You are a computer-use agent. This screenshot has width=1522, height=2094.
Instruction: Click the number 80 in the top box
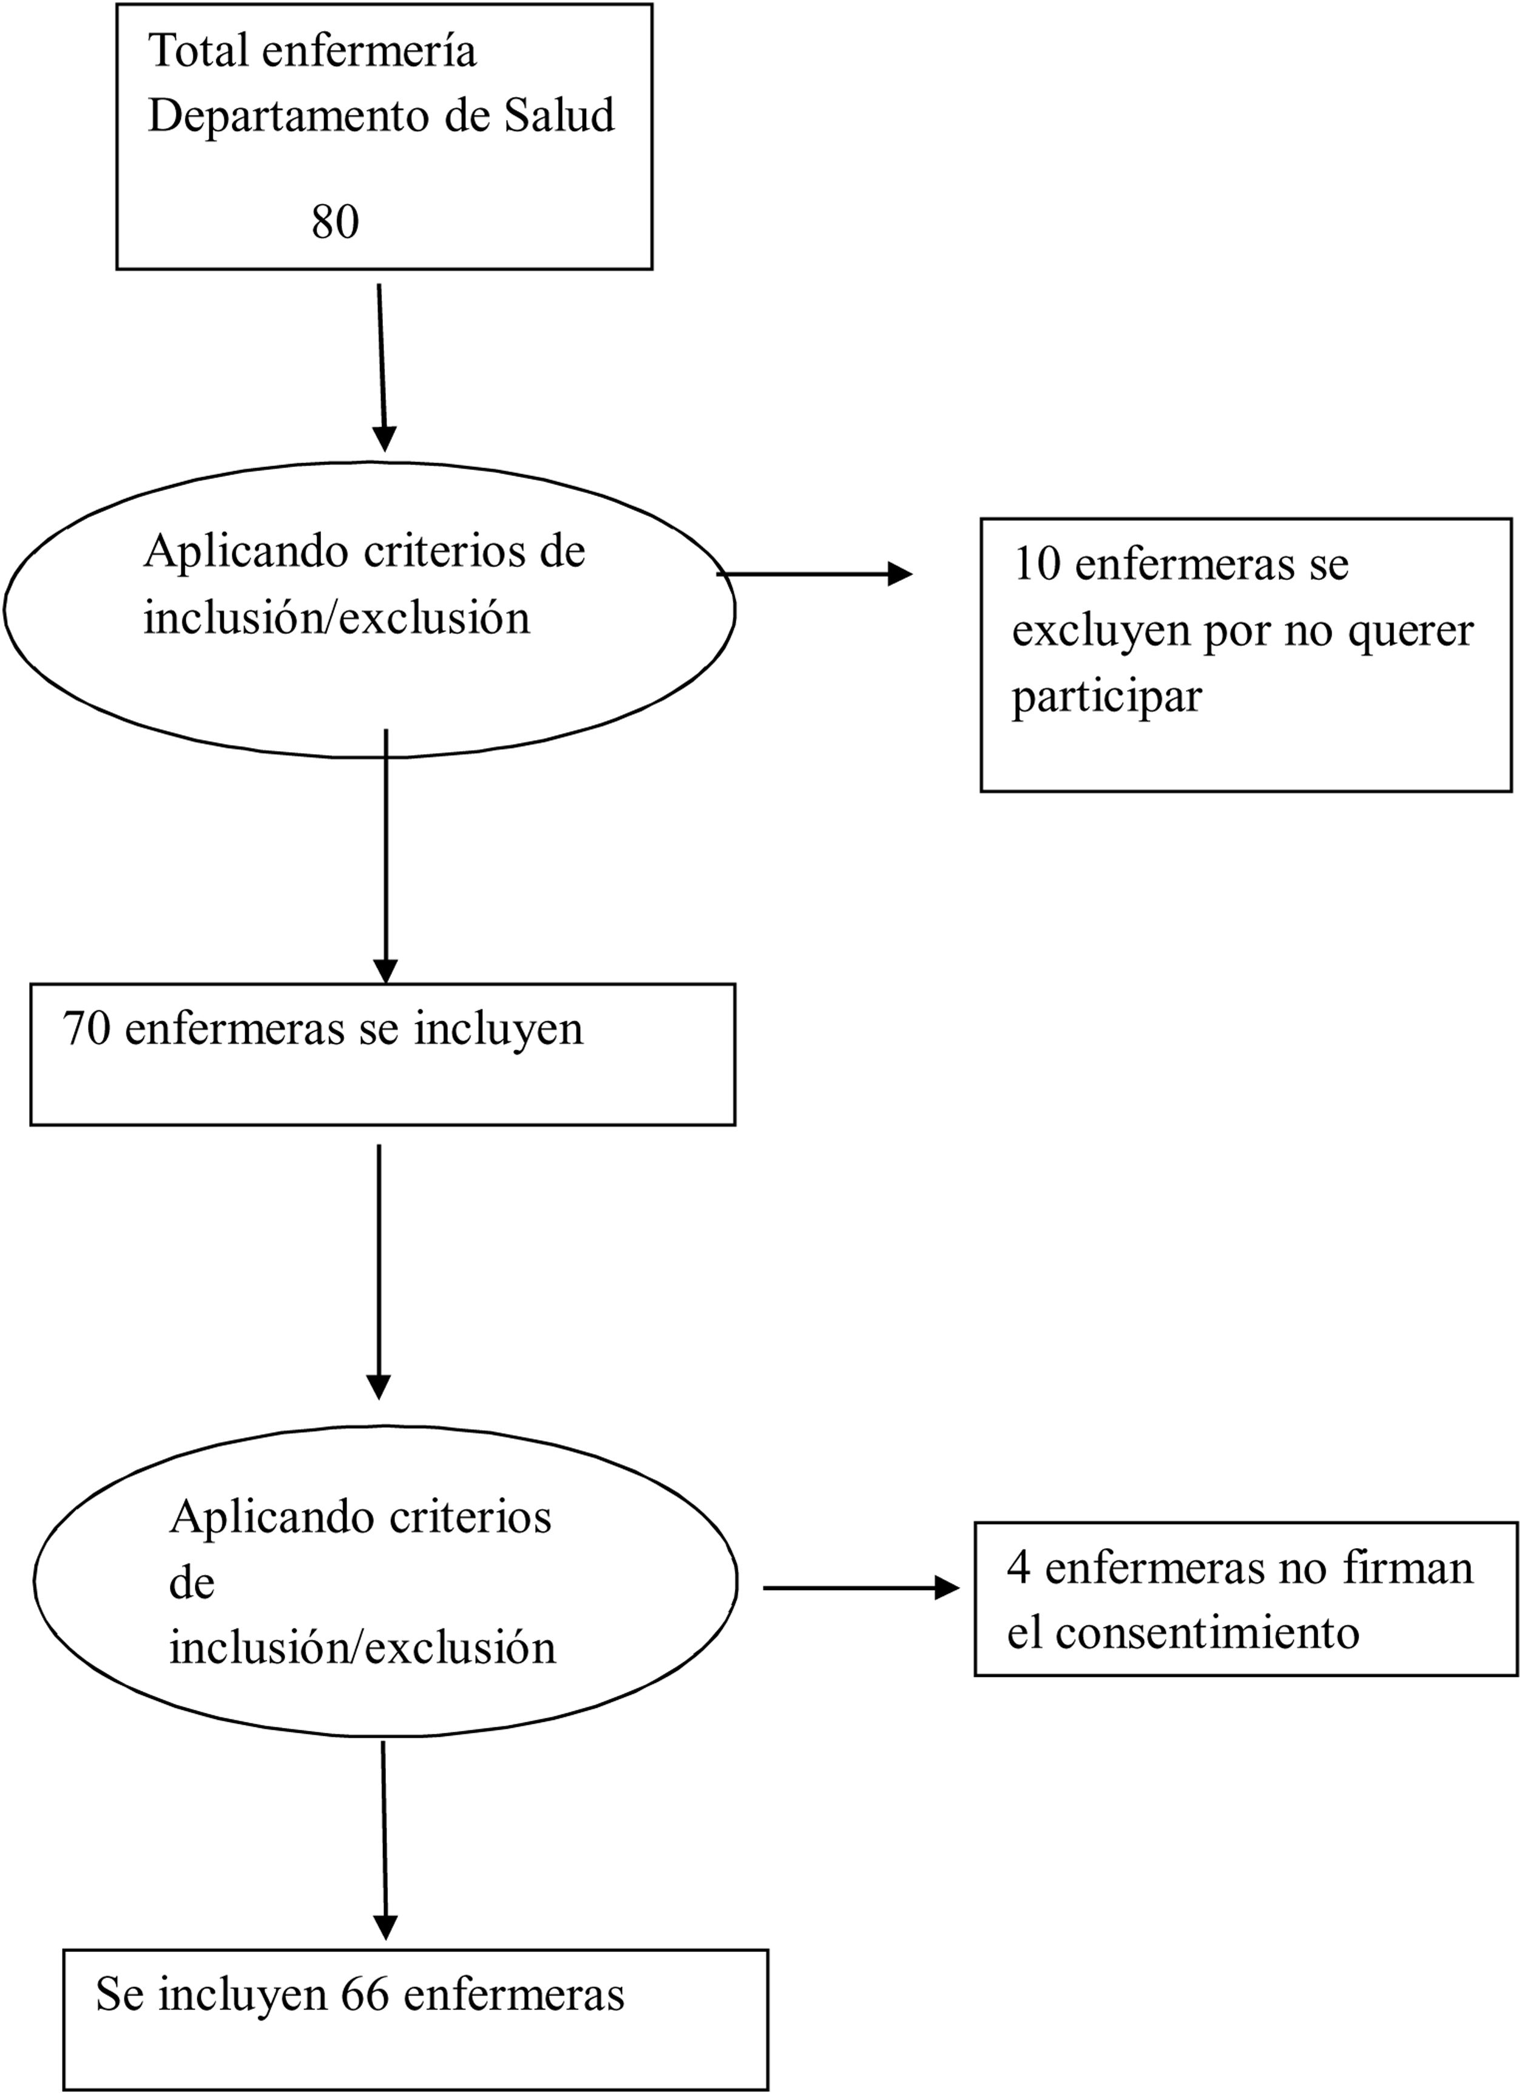[x=335, y=222]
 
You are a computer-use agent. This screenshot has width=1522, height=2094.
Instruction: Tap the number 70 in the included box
[x=86, y=1028]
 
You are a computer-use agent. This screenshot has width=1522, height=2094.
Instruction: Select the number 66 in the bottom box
[x=365, y=1994]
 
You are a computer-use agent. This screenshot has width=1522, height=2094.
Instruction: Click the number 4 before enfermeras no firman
[x=1018, y=1568]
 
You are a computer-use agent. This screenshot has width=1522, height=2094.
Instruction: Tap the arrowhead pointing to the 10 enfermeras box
[x=899, y=574]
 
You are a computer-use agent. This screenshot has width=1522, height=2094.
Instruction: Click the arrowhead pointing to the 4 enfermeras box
[x=947, y=1588]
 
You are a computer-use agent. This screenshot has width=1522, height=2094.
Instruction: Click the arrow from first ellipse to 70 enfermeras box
[x=386, y=858]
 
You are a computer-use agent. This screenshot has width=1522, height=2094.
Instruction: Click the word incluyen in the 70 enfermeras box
[x=498, y=1028]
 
